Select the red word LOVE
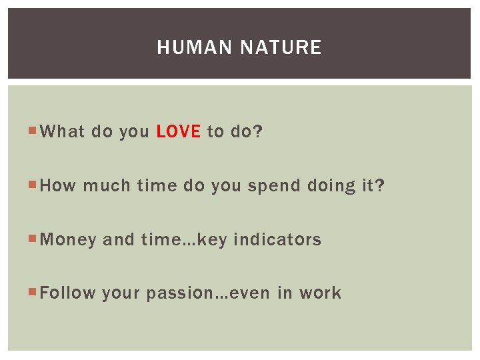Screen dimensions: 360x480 pyautogui.click(x=178, y=132)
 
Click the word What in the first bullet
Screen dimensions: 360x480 pyautogui.click(x=63, y=132)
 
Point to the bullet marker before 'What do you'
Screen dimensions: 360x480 pyautogui.click(x=33, y=132)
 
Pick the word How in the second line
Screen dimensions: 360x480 pyautogui.click(x=58, y=186)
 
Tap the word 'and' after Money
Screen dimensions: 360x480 pyautogui.click(x=119, y=240)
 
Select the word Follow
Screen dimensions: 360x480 pyautogui.click(x=68, y=293)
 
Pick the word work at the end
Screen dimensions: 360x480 pyautogui.click(x=320, y=293)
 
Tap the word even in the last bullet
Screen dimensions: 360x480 pyautogui.click(x=249, y=293)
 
